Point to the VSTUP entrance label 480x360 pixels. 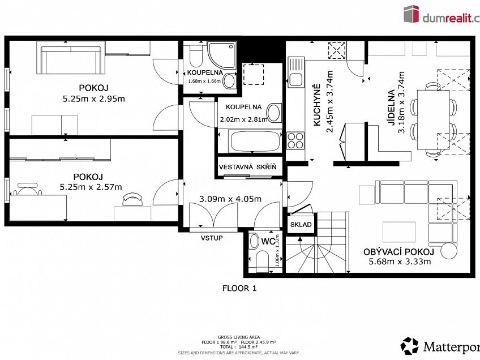[x=212, y=238]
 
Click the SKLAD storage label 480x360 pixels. [x=301, y=224]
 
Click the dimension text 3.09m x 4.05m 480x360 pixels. [x=230, y=199]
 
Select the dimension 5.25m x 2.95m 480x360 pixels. [x=93, y=98]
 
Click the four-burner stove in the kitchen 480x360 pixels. [x=296, y=140]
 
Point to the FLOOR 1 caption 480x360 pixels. [x=239, y=288]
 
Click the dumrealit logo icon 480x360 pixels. [x=411, y=14]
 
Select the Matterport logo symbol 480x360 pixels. [x=410, y=346]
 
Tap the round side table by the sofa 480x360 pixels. [x=449, y=250]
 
